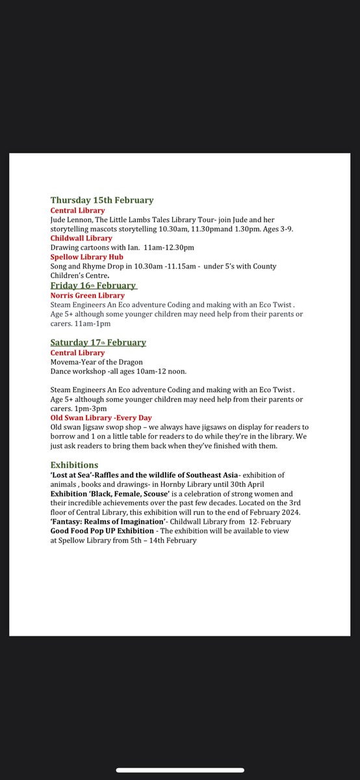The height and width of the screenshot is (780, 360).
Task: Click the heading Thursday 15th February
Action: (x=102, y=200)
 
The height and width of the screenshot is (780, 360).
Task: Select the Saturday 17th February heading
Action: (x=98, y=343)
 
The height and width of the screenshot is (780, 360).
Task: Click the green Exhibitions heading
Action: (x=75, y=465)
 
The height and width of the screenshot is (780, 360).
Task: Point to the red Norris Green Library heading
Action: (x=88, y=296)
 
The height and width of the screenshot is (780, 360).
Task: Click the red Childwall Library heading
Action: (x=81, y=239)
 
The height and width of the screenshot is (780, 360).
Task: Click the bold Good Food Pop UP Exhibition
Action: (x=102, y=531)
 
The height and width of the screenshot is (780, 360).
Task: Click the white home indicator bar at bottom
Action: (x=180, y=770)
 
